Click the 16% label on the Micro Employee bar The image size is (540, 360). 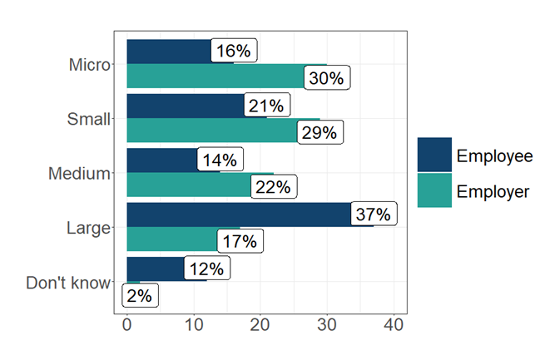point(233,52)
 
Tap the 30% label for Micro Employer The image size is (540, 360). point(326,79)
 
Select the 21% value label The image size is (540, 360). point(267,106)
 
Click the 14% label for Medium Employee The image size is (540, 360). point(220,160)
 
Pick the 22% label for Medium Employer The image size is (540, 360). point(273,187)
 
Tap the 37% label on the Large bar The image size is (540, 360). point(373,215)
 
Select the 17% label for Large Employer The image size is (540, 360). point(240,242)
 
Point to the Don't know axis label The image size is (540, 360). point(67,283)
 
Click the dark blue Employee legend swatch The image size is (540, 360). point(434,155)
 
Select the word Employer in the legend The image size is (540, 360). point(493,192)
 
